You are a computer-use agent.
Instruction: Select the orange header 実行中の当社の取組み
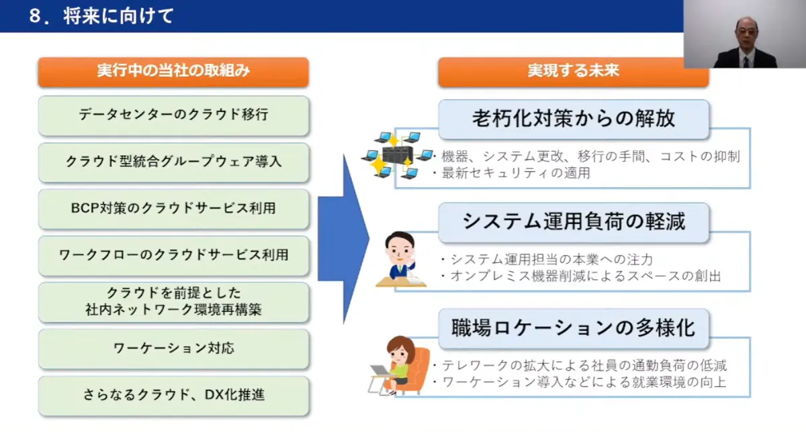click(173, 72)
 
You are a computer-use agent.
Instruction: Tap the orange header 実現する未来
click(573, 72)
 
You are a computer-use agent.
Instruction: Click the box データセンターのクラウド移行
click(173, 115)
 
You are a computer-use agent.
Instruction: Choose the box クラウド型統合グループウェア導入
click(173, 162)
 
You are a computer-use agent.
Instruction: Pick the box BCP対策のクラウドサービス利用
click(173, 209)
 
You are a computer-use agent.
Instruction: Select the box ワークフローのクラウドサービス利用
click(173, 256)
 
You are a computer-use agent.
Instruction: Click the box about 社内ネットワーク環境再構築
click(173, 303)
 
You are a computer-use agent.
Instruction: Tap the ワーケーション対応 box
click(173, 349)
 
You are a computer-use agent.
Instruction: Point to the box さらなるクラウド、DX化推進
click(173, 395)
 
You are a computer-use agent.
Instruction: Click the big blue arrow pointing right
click(343, 238)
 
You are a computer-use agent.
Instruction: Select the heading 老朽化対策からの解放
click(573, 119)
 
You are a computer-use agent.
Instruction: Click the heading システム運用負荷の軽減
click(573, 221)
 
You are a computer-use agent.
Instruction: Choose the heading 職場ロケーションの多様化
click(573, 328)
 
